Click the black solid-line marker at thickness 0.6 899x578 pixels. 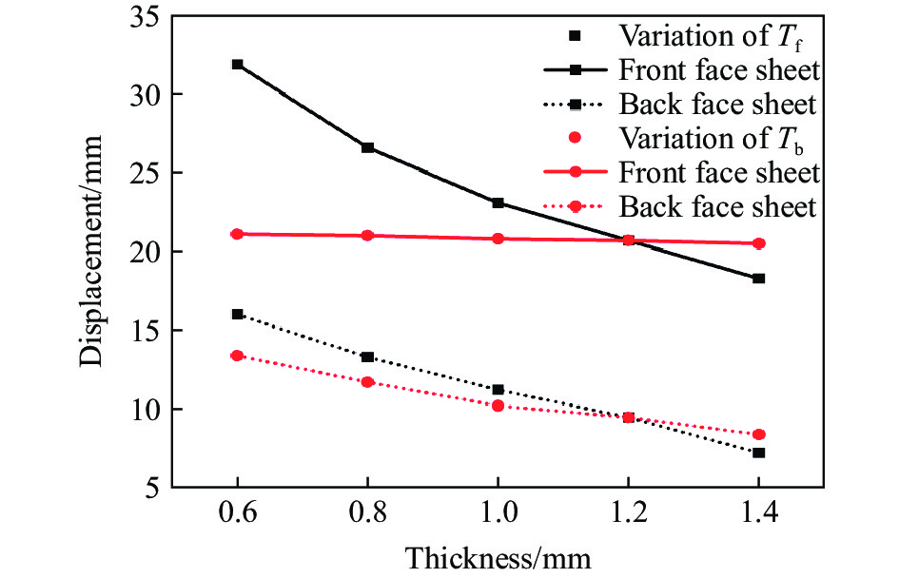(237, 65)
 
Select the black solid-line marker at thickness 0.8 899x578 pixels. (367, 147)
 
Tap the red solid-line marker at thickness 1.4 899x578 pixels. (759, 243)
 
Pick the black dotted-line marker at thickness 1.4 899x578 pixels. (759, 453)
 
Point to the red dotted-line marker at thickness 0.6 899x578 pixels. (237, 356)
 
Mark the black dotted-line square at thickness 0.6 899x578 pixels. (237, 314)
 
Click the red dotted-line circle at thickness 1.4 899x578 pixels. (759, 434)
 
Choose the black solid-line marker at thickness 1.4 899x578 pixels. (759, 279)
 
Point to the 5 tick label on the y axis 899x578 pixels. (148, 489)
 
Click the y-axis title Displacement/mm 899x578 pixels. (92, 252)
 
